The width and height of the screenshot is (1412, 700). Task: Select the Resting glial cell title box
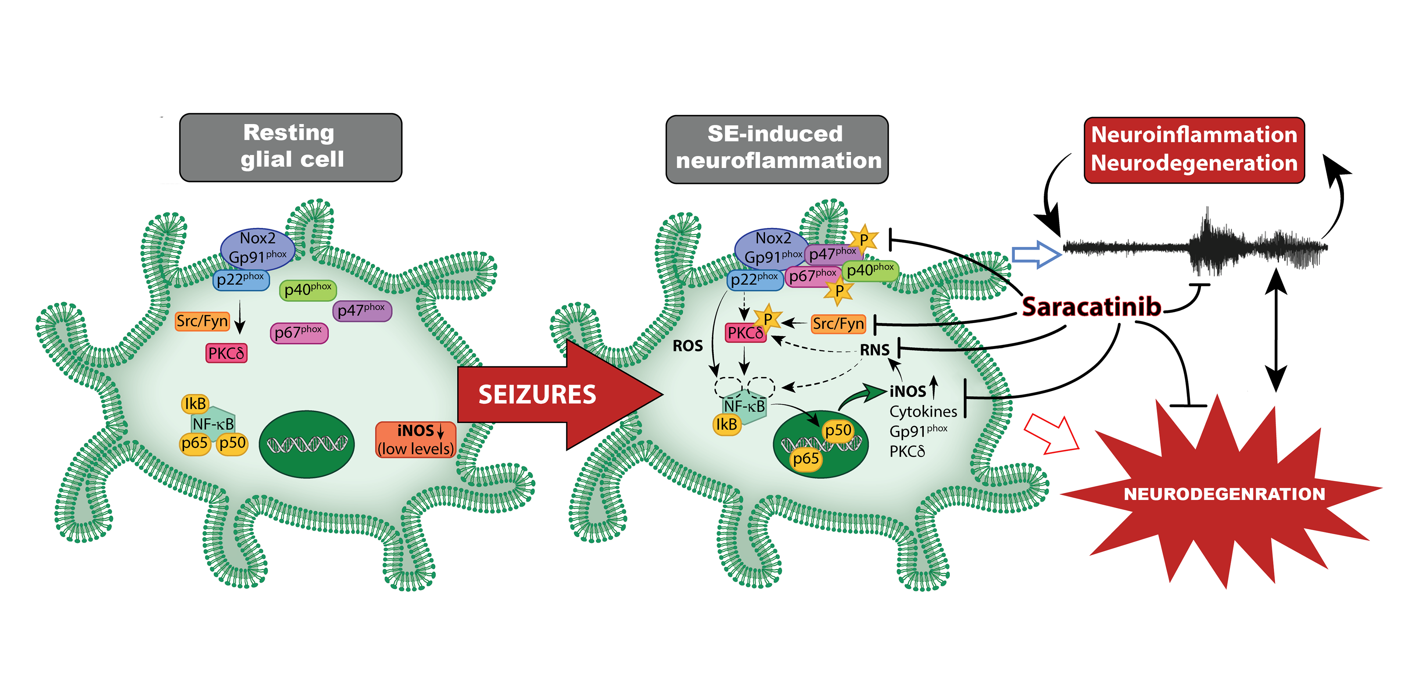(x=290, y=147)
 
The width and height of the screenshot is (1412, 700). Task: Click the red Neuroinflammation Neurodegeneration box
(x=1194, y=149)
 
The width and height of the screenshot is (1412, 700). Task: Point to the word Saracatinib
(x=1091, y=307)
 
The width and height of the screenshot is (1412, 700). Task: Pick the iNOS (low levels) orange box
(x=416, y=439)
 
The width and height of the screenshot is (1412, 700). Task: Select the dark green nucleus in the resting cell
(x=306, y=444)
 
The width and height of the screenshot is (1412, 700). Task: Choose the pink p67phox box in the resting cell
(x=299, y=333)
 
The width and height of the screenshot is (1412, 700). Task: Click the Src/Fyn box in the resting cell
(x=202, y=321)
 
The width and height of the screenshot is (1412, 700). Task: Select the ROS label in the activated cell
(x=687, y=346)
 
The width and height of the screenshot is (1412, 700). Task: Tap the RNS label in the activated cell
(x=874, y=350)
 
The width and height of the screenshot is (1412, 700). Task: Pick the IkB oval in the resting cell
(x=195, y=404)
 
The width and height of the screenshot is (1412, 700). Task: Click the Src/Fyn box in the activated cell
(x=838, y=324)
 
